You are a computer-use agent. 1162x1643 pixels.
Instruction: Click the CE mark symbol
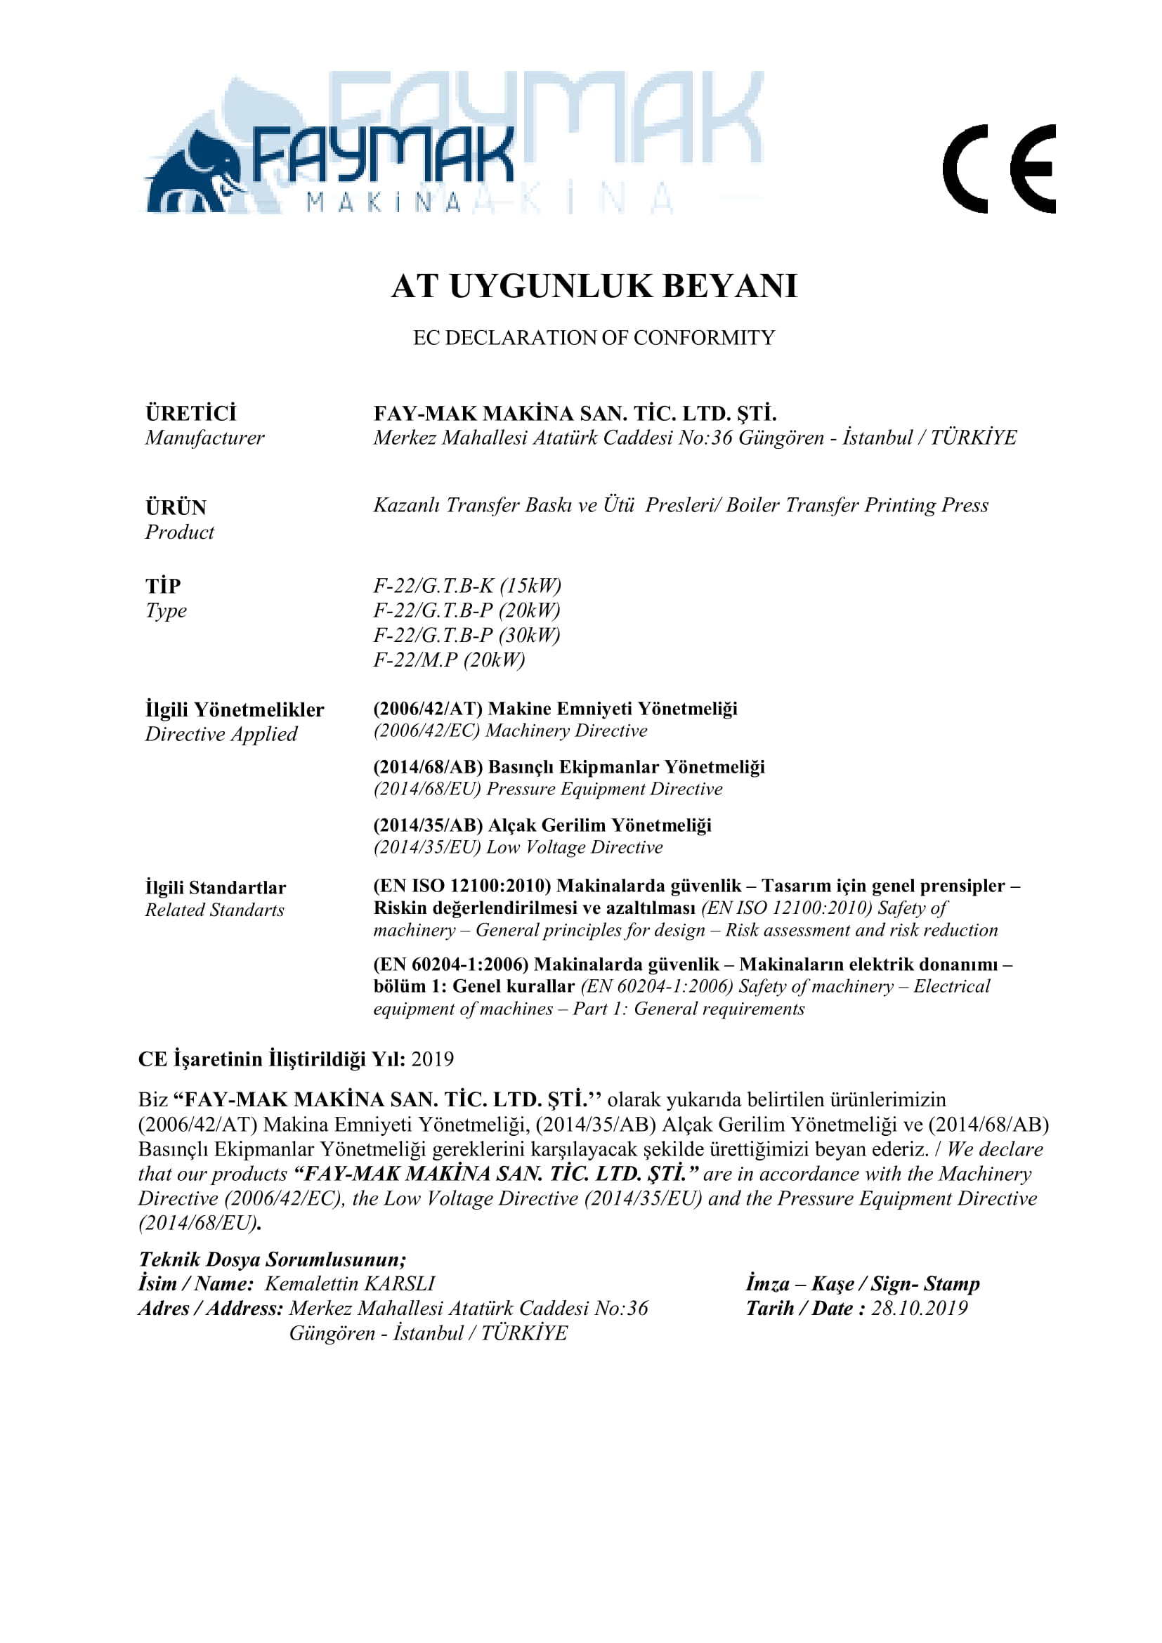click(999, 169)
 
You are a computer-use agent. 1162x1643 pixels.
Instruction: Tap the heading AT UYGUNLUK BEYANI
click(594, 286)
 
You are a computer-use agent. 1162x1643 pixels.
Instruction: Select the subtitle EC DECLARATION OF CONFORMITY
click(594, 338)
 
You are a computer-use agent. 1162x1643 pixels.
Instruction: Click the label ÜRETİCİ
click(190, 414)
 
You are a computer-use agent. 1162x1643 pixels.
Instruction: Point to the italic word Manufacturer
click(204, 437)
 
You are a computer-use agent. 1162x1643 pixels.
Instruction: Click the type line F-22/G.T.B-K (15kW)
click(467, 585)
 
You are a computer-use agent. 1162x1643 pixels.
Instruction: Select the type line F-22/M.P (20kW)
click(449, 659)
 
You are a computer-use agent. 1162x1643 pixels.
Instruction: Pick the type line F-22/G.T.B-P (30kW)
click(466, 635)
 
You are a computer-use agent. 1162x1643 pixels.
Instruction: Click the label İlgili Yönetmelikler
click(235, 710)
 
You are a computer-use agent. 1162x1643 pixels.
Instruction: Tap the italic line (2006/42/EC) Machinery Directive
click(510, 731)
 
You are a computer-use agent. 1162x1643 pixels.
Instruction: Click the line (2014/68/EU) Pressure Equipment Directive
click(547, 789)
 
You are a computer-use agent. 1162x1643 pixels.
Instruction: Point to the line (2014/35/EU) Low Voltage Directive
click(518, 847)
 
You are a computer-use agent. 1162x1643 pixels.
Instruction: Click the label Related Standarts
click(215, 910)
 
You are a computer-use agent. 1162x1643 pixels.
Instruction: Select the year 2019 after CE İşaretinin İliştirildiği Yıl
click(432, 1059)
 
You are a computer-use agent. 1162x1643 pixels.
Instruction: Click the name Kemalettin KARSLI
click(350, 1284)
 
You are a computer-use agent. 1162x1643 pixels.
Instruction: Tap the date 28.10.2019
click(919, 1308)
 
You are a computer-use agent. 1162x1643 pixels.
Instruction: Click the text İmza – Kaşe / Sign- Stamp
click(862, 1284)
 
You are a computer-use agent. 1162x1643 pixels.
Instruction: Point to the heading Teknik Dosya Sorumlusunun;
click(273, 1259)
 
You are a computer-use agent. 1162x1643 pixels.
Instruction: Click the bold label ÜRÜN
click(176, 507)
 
